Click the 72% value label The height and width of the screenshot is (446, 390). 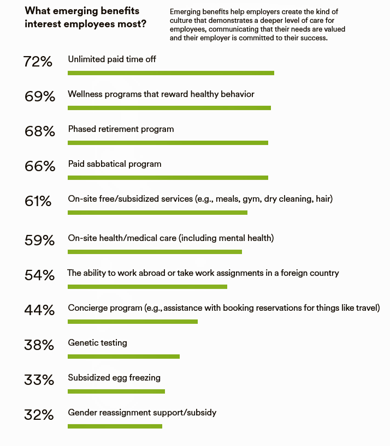tap(38, 62)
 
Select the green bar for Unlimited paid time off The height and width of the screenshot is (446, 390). tap(170, 73)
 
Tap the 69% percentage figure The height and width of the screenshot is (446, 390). tap(39, 97)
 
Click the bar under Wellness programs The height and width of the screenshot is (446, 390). tap(169, 108)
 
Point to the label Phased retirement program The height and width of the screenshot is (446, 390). tap(121, 129)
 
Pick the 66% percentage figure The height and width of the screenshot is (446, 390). tap(39, 166)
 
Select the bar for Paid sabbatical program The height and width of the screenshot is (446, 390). tap(168, 178)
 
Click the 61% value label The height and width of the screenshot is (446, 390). tap(38, 201)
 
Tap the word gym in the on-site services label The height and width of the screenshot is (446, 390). tap(251, 199)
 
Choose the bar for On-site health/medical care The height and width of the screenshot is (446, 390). tap(155, 252)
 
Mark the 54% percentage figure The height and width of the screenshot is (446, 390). tap(39, 275)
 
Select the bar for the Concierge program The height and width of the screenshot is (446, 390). tap(133, 322)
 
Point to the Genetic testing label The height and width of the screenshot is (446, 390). tap(97, 343)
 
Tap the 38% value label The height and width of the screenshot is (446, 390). tap(39, 345)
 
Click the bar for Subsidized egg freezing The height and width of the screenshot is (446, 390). tap(116, 391)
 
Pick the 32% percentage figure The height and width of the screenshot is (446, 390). tap(39, 415)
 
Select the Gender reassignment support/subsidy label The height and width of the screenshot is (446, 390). tap(142, 413)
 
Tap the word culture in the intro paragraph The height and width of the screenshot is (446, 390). tap(181, 20)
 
